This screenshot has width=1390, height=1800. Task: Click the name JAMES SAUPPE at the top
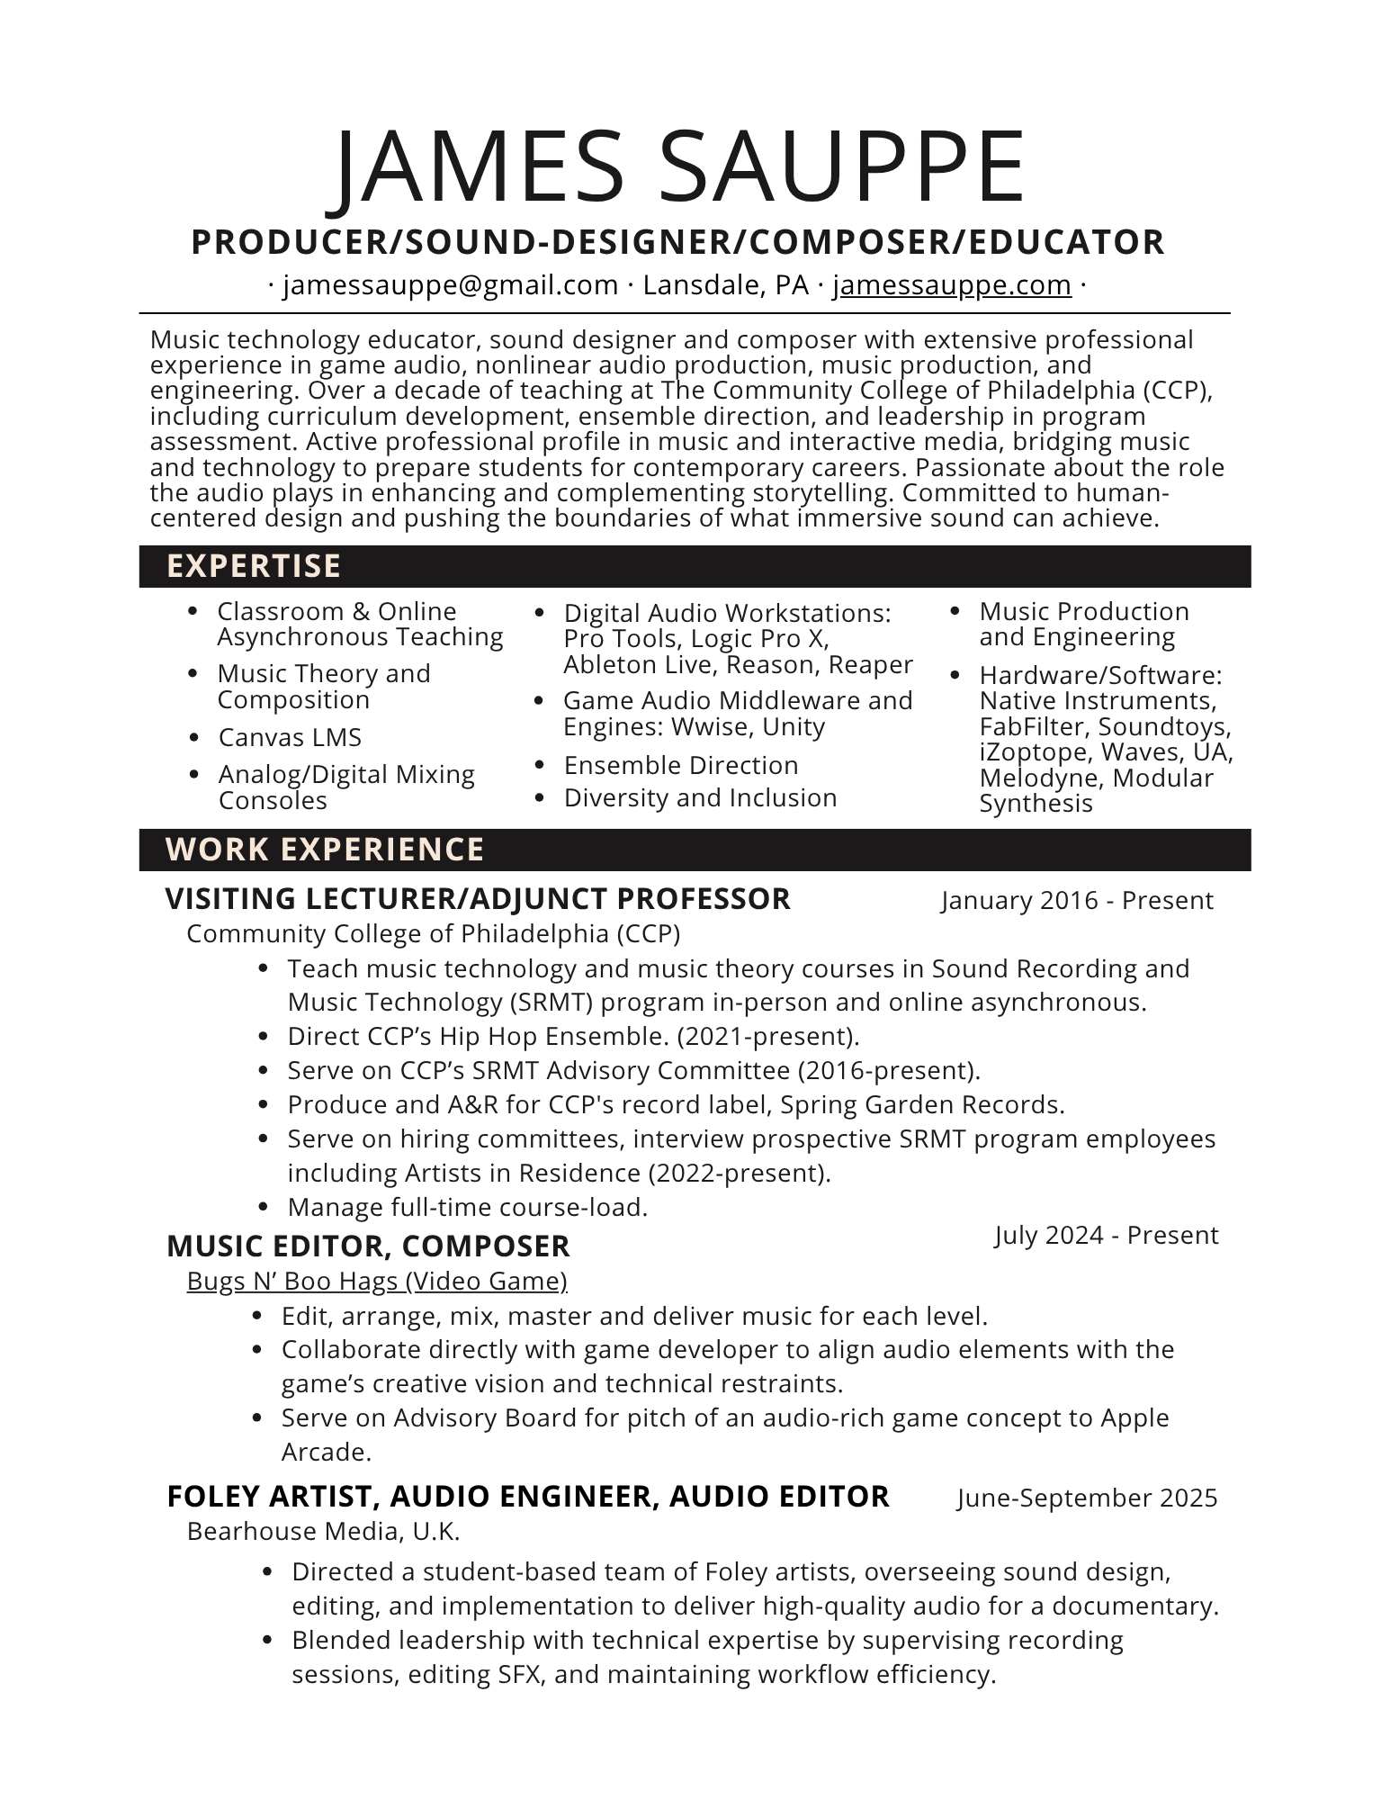click(x=680, y=167)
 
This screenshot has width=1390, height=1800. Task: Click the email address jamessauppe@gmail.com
click(x=451, y=285)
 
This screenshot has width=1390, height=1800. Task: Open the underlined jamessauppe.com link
click(x=952, y=285)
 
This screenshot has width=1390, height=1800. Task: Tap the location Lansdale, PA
click(x=725, y=285)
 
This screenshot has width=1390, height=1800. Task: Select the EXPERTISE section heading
click(x=254, y=566)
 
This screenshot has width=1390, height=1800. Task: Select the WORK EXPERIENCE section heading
click(x=325, y=850)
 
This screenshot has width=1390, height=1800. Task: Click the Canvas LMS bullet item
click(x=290, y=738)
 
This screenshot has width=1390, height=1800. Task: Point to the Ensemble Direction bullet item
click(x=681, y=766)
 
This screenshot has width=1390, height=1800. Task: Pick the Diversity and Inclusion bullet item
click(x=700, y=798)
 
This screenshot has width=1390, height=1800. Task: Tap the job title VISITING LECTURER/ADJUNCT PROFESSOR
click(x=478, y=899)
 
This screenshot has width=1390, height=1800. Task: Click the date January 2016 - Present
click(x=1077, y=901)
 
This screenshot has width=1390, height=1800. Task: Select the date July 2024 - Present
click(x=1106, y=1236)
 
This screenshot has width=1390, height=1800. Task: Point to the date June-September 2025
click(x=1087, y=1498)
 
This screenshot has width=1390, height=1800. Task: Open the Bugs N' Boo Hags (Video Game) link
click(x=377, y=1281)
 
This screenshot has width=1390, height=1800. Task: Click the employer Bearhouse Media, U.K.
click(x=323, y=1531)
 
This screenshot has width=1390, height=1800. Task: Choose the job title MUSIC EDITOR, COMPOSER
click(x=368, y=1246)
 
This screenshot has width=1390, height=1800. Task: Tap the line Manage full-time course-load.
click(x=468, y=1208)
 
